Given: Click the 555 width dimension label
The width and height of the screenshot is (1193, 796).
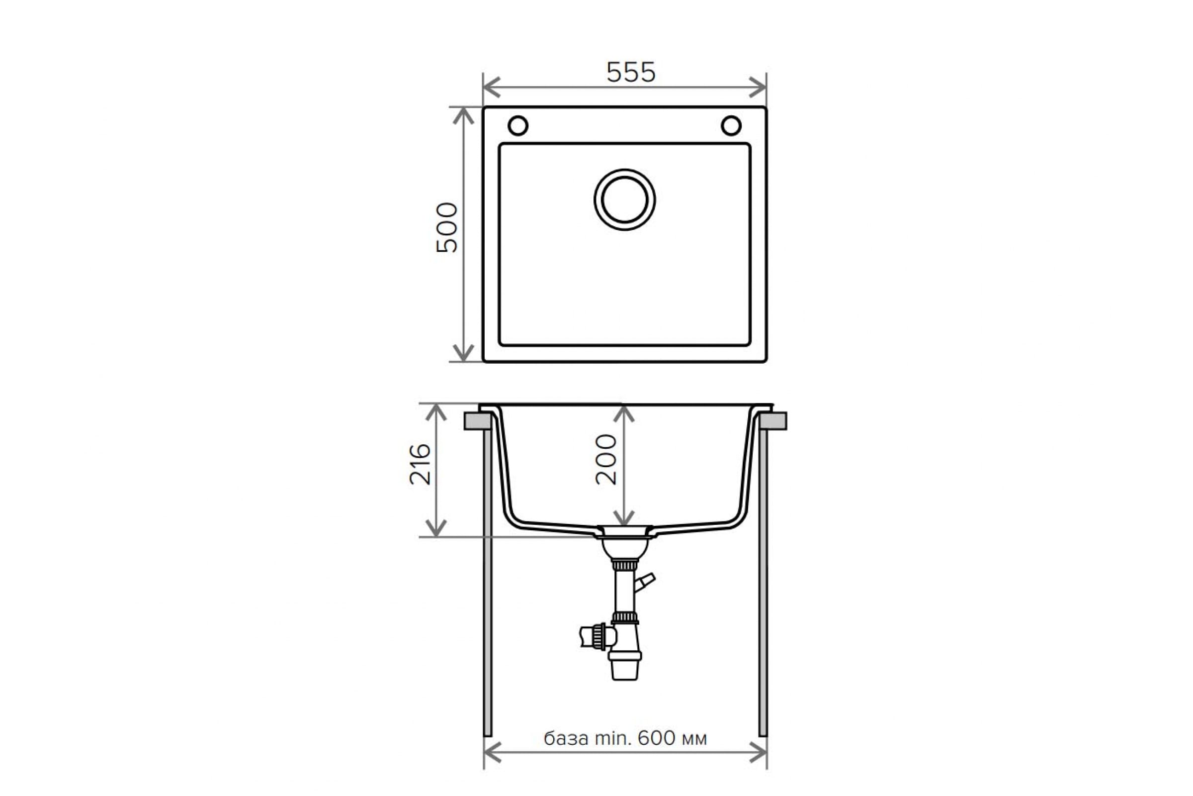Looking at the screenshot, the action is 630,72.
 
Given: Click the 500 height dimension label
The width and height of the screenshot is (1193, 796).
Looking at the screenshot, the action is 447,227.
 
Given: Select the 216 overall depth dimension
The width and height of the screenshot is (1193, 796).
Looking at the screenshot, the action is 420,465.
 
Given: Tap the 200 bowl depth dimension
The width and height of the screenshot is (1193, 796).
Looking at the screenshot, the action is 606,459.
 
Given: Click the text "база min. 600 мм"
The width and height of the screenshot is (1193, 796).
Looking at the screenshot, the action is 625,738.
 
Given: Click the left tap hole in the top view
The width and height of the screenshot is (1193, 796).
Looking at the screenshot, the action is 518,125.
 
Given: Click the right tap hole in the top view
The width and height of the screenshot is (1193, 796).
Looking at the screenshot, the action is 731,125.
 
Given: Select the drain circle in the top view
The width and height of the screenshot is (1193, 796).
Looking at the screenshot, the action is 624,199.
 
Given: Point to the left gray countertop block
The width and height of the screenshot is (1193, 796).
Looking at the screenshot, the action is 477,421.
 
